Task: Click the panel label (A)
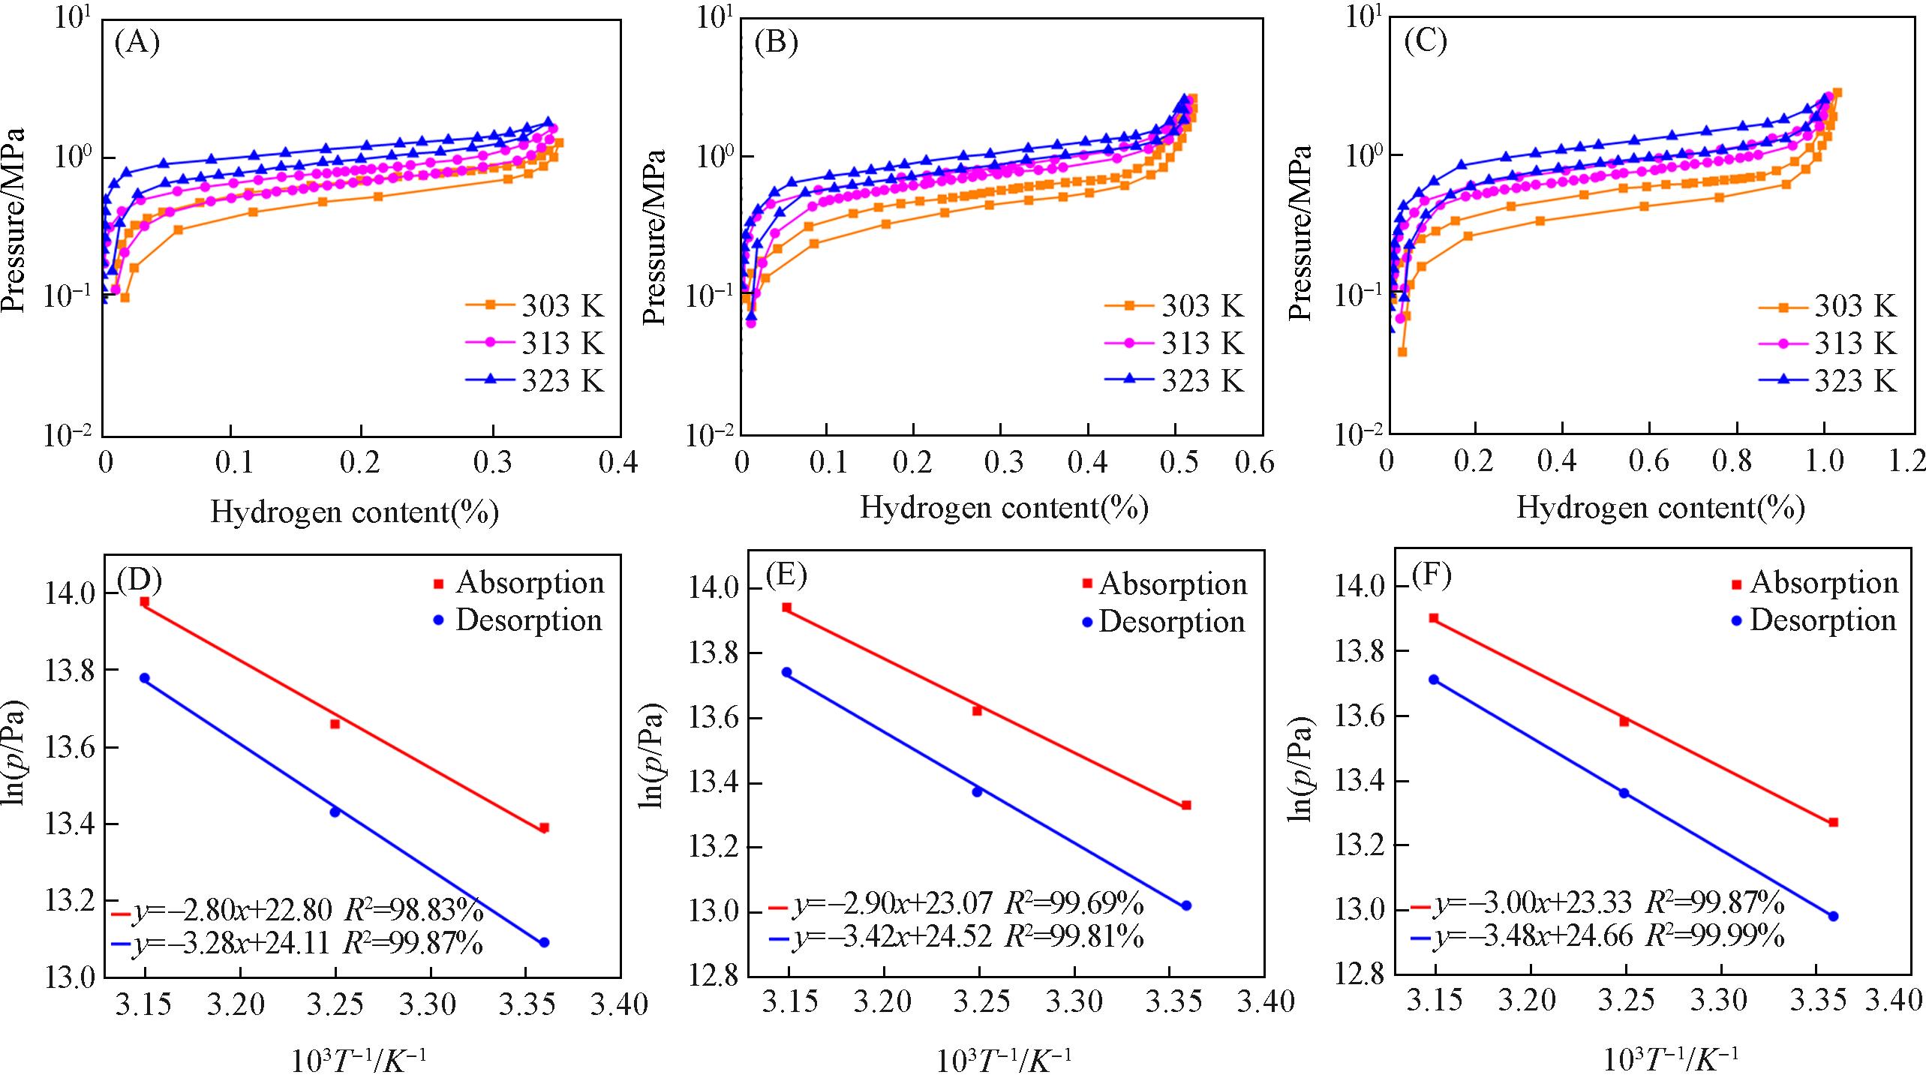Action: click(x=137, y=44)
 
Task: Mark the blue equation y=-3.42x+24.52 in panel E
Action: click(x=894, y=937)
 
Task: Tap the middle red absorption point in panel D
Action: click(x=335, y=724)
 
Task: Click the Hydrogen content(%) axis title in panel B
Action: click(x=1003, y=509)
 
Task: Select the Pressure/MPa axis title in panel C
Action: click(x=1300, y=233)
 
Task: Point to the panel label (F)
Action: click(x=1431, y=575)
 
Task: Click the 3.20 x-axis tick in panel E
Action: click(x=885, y=1001)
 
